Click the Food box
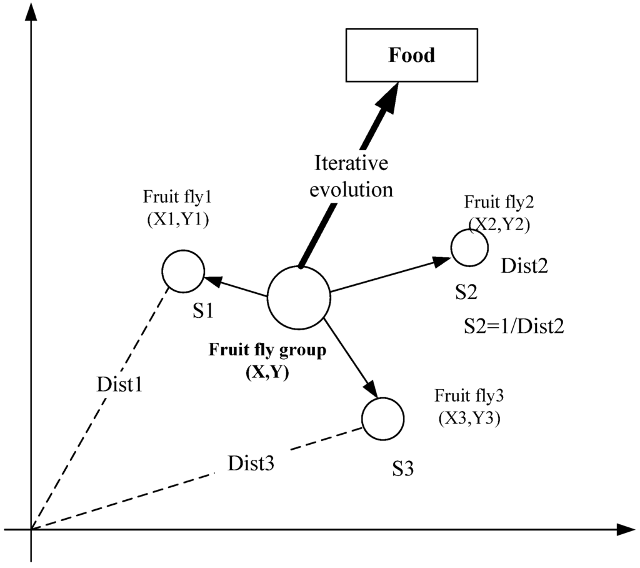(411, 55)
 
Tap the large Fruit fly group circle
(298, 298)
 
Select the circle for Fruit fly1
(183, 271)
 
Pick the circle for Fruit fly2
(469, 248)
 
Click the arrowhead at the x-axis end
(626, 530)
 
